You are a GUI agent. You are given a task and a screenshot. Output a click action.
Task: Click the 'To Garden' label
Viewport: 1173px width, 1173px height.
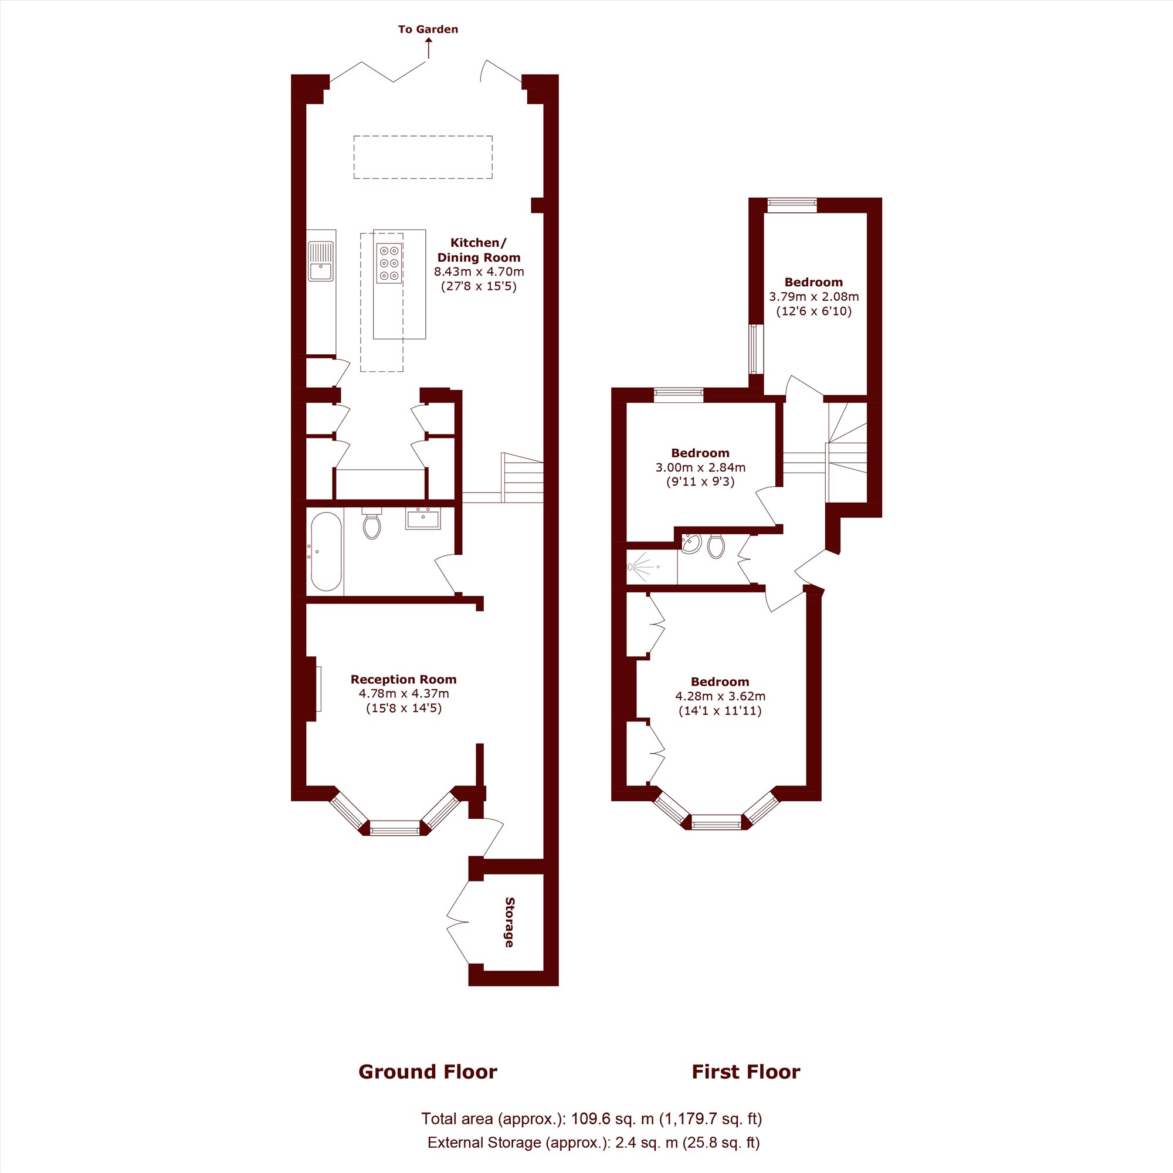[428, 29]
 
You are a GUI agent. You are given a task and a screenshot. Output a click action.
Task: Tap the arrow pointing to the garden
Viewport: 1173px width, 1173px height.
[429, 48]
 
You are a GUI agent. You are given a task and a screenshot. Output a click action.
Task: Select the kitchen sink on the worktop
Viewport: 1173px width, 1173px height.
[321, 261]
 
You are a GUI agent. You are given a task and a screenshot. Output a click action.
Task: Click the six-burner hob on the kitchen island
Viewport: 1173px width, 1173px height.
[389, 263]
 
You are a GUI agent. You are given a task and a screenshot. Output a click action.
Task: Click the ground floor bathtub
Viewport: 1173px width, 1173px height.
[327, 551]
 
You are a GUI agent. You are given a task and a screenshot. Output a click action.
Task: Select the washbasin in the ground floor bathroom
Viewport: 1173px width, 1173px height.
[423, 518]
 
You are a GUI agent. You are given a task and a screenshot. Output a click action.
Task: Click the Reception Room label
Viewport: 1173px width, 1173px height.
[404, 679]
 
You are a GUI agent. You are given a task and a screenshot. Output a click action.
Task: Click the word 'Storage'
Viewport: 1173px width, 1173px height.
[510, 921]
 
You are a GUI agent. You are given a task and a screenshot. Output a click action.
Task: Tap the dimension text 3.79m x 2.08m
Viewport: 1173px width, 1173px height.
[813, 297]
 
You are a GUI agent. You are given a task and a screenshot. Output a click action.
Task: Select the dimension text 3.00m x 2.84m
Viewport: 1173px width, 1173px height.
[701, 467]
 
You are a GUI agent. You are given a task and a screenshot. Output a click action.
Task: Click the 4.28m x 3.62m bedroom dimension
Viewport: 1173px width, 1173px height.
[720, 696]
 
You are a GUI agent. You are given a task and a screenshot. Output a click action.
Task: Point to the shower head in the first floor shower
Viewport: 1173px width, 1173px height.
[632, 567]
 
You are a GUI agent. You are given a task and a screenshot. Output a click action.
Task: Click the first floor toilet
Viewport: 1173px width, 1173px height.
[716, 546]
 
